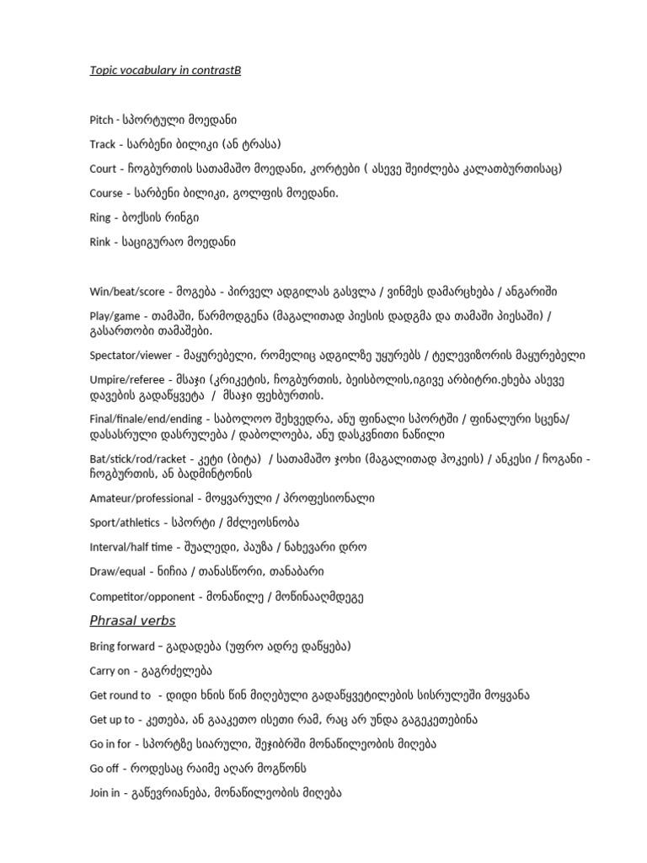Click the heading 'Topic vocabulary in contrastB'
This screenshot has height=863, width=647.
(x=165, y=70)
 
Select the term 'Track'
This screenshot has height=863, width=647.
(x=102, y=144)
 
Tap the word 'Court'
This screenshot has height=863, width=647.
(x=103, y=169)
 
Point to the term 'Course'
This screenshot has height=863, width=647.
(x=106, y=193)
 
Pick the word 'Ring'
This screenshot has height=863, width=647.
(x=100, y=217)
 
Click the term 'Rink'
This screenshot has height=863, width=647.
(x=100, y=242)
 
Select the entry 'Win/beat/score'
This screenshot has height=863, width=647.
(x=124, y=292)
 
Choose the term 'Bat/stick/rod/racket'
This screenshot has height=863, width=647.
(x=136, y=458)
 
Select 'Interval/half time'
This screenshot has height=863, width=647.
(x=131, y=547)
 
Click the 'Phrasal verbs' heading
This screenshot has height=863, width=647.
(x=132, y=621)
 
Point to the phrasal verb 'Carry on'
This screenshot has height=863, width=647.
(x=110, y=671)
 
